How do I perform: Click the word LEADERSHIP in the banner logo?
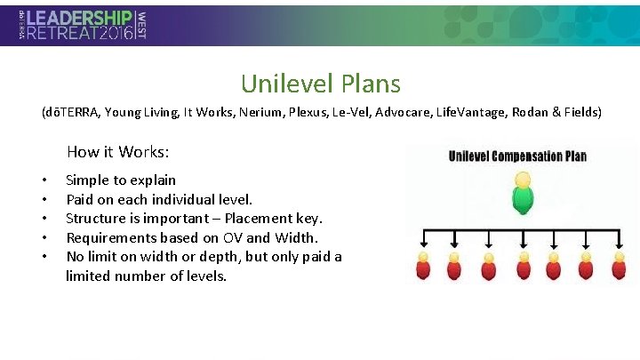click(81, 17)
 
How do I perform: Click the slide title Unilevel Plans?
click(320, 84)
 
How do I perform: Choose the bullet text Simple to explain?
click(121, 180)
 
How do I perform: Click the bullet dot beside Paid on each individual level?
click(44, 199)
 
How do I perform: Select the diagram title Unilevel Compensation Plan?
click(517, 156)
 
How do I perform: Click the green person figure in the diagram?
click(524, 195)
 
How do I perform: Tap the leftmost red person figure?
click(423, 268)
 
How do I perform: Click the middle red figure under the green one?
click(524, 268)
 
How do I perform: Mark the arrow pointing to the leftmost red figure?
click(424, 241)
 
